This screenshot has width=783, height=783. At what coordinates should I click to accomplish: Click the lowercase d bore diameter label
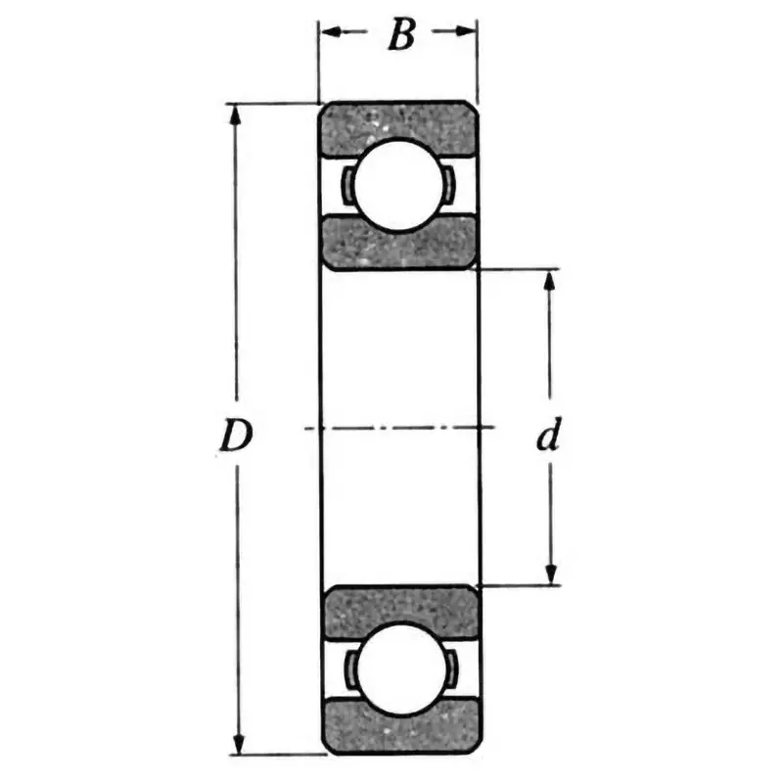point(549,437)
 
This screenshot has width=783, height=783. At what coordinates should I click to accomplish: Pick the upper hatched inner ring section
point(398,242)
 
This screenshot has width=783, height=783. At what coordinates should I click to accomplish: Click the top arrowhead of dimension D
point(235,114)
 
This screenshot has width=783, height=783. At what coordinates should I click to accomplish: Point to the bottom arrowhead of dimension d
point(550,574)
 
